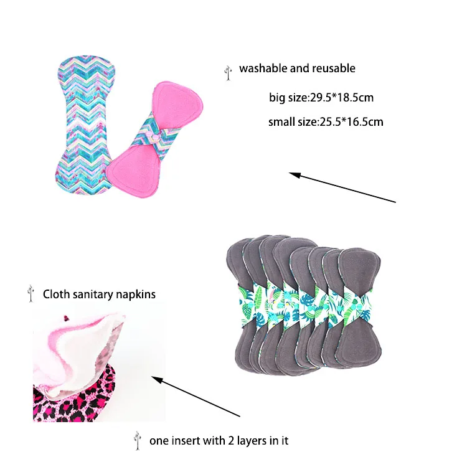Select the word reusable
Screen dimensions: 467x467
coord(331,68)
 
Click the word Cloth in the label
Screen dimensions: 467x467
coord(55,294)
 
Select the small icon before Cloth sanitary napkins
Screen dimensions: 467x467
coord(31,294)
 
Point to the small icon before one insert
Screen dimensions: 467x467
coord(137,440)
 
